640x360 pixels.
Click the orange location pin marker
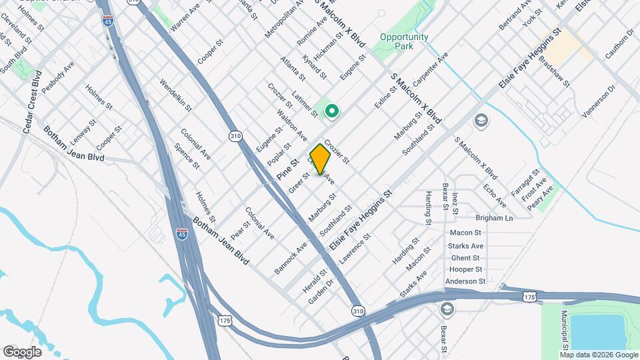(320, 159)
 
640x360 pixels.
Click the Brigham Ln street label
(494, 218)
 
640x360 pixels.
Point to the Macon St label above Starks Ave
(465, 233)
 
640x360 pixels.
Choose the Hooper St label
(465, 269)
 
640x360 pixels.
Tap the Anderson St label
(465, 281)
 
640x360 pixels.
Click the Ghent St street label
(465, 257)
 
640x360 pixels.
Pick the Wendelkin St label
(175, 95)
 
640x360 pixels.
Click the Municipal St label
(564, 329)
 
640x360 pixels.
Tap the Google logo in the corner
(22, 352)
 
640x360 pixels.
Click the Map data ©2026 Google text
(599, 354)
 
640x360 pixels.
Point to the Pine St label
(287, 169)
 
